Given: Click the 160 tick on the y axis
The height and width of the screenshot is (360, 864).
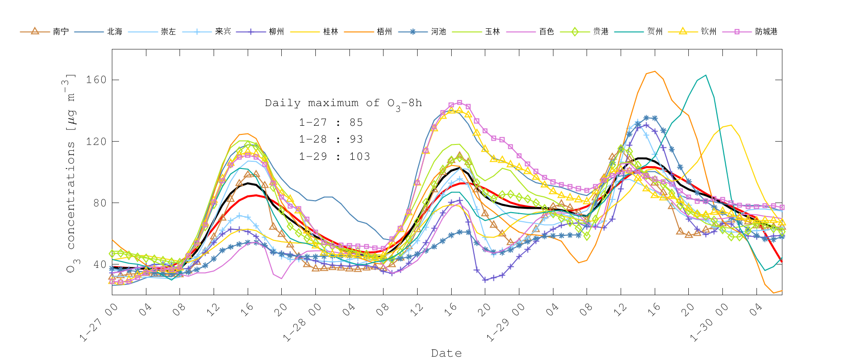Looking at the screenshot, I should [x=96, y=80].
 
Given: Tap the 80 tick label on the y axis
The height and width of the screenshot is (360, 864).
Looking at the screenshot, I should [x=99, y=203].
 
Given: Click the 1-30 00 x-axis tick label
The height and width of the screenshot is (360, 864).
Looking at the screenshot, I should [x=710, y=323].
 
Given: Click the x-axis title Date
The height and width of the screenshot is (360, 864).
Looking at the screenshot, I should [x=446, y=353].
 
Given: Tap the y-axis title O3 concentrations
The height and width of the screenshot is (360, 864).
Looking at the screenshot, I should [x=71, y=173].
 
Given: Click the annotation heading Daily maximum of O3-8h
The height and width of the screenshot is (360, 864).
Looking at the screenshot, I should [x=343, y=103].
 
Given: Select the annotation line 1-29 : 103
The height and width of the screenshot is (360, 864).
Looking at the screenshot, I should [x=335, y=156].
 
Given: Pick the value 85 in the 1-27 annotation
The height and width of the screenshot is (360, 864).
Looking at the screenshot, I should [x=356, y=122].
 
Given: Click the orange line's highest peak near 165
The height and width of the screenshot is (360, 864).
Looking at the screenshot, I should [x=654, y=72].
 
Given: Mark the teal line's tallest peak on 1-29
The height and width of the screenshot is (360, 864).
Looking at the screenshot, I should [x=705, y=75].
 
